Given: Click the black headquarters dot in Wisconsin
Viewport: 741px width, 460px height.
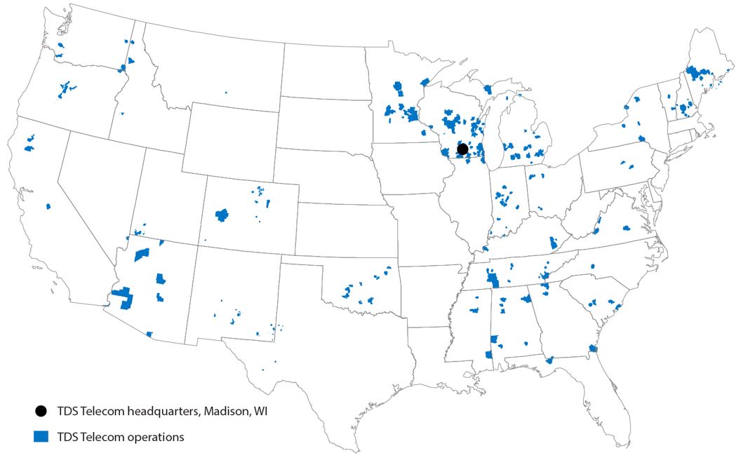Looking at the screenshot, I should [462, 149].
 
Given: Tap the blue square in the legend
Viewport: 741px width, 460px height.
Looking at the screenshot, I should [41, 436].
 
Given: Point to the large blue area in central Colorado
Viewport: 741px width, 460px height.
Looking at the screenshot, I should [222, 214].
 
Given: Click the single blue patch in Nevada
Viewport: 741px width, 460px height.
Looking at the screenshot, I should [48, 206].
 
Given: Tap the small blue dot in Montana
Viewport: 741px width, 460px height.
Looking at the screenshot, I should [226, 92].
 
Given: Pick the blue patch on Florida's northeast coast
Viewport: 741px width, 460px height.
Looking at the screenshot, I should [593, 349].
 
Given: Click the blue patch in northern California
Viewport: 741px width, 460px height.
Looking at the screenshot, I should [29, 147].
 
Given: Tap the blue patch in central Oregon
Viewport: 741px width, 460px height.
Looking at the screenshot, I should [67, 89].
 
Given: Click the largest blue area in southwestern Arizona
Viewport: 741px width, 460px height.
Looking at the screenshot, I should [125, 297].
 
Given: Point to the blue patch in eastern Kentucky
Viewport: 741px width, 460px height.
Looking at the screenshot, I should [553, 243].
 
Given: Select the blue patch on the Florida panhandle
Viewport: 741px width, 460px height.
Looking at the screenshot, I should [549, 360].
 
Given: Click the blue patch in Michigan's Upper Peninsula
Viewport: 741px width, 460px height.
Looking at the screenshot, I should [488, 89].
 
